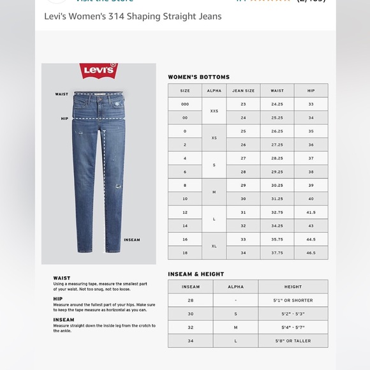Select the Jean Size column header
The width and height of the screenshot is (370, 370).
(243, 91)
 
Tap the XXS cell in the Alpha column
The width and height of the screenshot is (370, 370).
(214, 111)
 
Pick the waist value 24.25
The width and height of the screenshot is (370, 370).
(277, 104)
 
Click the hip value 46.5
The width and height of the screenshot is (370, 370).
(311, 253)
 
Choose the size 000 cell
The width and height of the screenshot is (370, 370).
(185, 104)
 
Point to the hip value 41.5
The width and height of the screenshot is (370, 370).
(311, 212)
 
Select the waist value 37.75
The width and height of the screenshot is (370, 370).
(277, 253)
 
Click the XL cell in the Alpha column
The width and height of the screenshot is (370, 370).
(214, 246)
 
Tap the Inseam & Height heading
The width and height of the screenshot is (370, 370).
(196, 274)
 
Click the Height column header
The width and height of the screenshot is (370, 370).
(293, 287)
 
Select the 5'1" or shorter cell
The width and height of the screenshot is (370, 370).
(293, 300)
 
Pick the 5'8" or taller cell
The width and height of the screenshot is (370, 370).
(293, 341)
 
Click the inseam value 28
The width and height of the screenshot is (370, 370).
(191, 300)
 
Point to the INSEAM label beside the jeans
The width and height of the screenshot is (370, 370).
(131, 240)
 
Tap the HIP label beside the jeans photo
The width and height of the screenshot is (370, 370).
(64, 118)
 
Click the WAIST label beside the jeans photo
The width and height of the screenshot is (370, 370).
(61, 94)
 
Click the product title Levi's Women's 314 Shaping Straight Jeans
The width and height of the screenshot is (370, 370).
(133, 16)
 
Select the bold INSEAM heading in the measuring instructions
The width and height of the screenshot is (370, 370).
(64, 320)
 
